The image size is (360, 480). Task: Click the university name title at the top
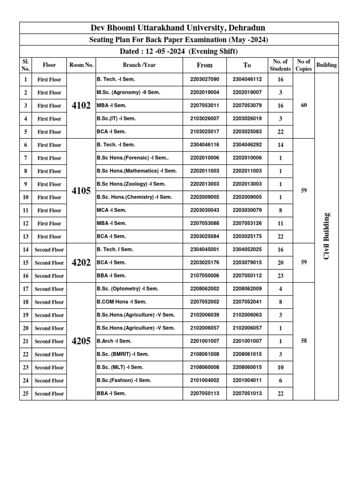click(x=179, y=28)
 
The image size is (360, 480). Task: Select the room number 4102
click(x=81, y=105)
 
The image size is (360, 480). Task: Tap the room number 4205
click(x=81, y=341)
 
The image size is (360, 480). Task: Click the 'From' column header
click(x=204, y=65)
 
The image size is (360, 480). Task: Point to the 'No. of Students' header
click(x=280, y=65)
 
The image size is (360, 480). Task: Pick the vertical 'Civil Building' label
click(x=326, y=236)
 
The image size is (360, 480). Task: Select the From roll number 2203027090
click(x=204, y=80)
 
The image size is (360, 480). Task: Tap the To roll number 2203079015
click(x=247, y=263)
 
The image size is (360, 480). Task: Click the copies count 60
click(x=304, y=105)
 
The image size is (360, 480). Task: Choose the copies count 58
click(x=304, y=341)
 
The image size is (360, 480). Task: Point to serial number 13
click(x=25, y=237)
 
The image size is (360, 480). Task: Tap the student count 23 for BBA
click(x=280, y=276)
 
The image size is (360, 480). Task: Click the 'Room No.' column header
click(x=81, y=65)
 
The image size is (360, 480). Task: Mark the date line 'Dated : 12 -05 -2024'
click(x=179, y=52)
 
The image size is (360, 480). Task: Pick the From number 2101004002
click(x=204, y=381)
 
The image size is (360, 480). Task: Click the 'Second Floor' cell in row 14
click(x=49, y=250)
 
